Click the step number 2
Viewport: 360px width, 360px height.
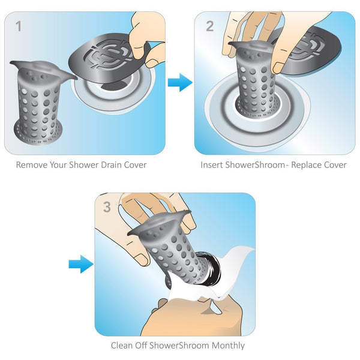209,26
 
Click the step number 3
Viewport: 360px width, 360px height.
107,208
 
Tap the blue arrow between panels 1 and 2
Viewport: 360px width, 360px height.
179,82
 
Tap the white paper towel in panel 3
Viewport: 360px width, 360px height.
231,273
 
